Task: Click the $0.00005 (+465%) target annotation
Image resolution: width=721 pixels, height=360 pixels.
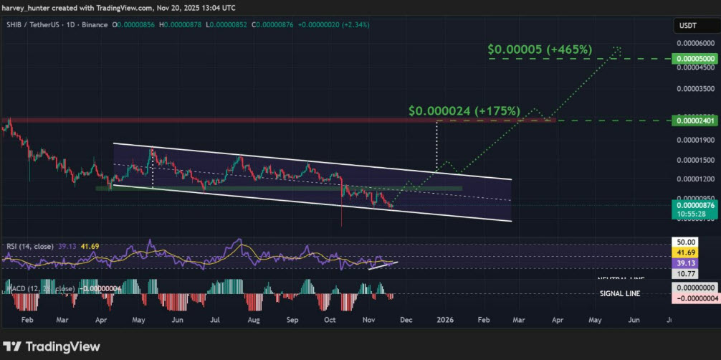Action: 540,49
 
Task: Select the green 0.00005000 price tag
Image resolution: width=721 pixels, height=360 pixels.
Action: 692,58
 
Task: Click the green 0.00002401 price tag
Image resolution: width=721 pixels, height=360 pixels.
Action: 692,120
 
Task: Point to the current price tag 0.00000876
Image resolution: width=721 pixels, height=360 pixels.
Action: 692,205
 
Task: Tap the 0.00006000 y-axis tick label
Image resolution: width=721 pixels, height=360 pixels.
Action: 692,43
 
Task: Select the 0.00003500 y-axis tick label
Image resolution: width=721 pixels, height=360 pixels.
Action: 692,89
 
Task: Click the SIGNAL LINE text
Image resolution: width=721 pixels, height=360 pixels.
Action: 619,293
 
